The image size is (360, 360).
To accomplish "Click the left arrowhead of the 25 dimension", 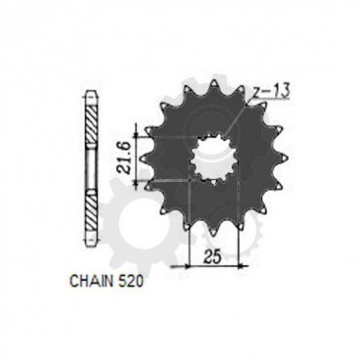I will point(187,265).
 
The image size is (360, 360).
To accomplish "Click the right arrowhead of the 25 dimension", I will point(235,265).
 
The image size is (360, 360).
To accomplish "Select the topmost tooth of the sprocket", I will point(208,83).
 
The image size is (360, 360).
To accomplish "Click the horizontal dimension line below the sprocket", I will point(210,265).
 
